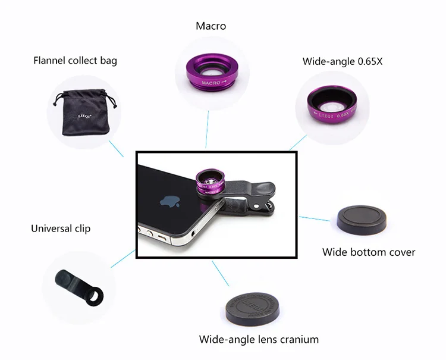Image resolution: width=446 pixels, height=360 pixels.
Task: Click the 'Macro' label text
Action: click(211, 26)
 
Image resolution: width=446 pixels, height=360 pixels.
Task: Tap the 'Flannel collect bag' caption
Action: click(75, 61)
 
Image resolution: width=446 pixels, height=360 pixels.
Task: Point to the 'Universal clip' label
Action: click(61, 228)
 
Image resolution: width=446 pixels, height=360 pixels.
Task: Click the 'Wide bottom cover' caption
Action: click(369, 252)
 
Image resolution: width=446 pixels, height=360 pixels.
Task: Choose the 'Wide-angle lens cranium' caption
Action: click(259, 340)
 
